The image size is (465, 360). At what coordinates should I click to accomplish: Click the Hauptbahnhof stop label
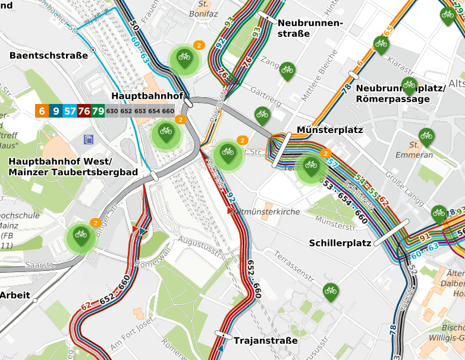coord(146,96)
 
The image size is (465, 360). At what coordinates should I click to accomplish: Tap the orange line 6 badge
coord(41,110)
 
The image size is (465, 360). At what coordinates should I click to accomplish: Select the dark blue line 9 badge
coord(56,110)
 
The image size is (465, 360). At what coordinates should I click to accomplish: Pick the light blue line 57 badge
coord(70,110)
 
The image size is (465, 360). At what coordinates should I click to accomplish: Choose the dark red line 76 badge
coord(84,110)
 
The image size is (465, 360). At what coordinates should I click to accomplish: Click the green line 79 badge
coord(98,110)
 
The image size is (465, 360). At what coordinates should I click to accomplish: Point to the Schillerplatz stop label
coord(340,243)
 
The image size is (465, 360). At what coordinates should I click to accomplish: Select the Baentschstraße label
coord(49,55)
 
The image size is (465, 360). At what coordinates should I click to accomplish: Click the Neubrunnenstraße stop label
coord(310,28)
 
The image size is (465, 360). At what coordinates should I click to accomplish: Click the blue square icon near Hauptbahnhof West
coord(89,140)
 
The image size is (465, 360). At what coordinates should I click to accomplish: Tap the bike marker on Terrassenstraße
coord(331,290)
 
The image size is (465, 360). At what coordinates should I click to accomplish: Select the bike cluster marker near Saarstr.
coord(81,236)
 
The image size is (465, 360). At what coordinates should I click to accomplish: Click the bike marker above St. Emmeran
coord(426,137)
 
